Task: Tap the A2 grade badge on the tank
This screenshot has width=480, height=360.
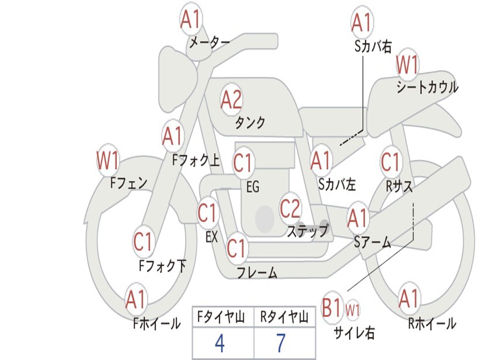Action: (x=232, y=99)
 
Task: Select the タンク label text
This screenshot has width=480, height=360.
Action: (x=250, y=123)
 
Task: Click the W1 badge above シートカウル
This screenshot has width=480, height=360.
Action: (x=407, y=65)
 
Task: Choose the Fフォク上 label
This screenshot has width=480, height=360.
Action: (x=196, y=161)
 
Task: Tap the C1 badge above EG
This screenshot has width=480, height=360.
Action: (x=243, y=163)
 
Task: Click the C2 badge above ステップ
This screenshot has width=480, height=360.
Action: (x=290, y=208)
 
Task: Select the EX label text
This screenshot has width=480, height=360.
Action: (x=211, y=237)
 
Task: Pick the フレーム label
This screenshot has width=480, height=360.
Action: (x=257, y=272)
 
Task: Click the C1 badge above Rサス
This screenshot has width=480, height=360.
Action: (x=390, y=162)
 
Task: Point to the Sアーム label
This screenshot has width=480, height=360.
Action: (x=373, y=242)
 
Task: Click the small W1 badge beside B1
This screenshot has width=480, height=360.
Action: (x=352, y=310)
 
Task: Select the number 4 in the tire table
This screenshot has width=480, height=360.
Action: (x=219, y=344)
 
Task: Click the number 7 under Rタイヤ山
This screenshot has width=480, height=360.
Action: (x=281, y=344)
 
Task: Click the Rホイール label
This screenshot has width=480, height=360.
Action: (x=432, y=323)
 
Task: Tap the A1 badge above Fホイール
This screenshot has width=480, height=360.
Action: (x=136, y=300)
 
